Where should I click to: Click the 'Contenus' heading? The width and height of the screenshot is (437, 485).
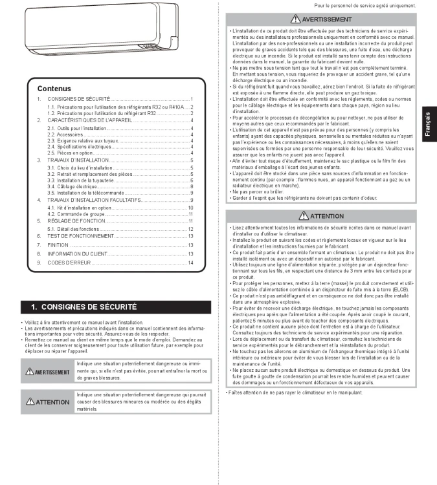point(54,89)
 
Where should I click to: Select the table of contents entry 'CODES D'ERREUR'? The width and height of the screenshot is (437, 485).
point(68,263)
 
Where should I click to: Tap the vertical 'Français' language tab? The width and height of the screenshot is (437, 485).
point(428,124)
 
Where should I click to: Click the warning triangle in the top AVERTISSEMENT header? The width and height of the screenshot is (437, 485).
point(296,19)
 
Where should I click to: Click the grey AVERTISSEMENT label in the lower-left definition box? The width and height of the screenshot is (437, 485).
point(47,372)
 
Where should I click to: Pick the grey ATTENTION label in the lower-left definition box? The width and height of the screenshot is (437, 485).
point(47,402)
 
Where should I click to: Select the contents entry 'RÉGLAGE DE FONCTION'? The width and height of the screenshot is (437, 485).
point(76,221)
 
